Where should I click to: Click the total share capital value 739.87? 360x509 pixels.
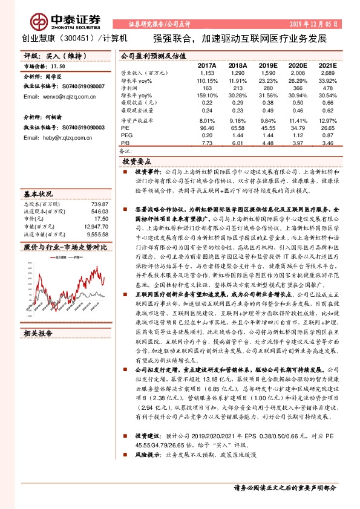tap(99, 205)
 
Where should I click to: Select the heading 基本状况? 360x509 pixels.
tap(38, 195)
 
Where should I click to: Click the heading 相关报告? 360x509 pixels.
tap(38, 333)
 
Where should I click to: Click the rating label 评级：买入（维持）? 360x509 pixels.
tap(50, 56)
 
